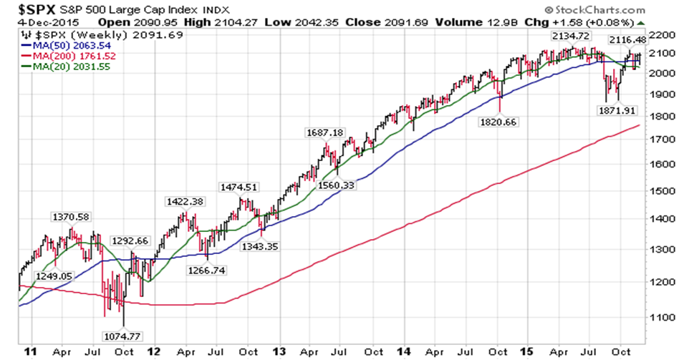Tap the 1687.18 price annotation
324,132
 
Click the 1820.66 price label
499,122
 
